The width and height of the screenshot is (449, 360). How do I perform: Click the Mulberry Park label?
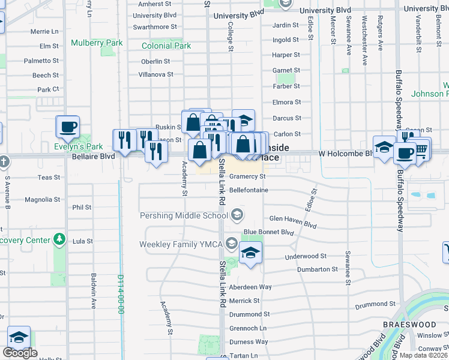coord(97,43)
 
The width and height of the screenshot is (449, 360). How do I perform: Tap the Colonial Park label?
coord(166,46)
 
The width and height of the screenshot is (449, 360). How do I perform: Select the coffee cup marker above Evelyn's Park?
coord(67,127)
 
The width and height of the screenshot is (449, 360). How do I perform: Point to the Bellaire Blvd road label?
coord(93,156)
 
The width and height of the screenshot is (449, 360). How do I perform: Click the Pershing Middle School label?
coord(184,215)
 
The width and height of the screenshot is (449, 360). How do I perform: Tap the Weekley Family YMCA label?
coord(181,244)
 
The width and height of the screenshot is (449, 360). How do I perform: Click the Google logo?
coord(20,353)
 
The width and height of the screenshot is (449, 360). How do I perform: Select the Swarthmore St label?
coord(155,27)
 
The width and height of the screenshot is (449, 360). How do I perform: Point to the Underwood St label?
coord(306,256)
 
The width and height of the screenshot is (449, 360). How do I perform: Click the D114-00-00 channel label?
coord(121,295)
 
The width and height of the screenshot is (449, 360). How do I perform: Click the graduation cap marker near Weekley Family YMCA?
coord(250,253)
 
